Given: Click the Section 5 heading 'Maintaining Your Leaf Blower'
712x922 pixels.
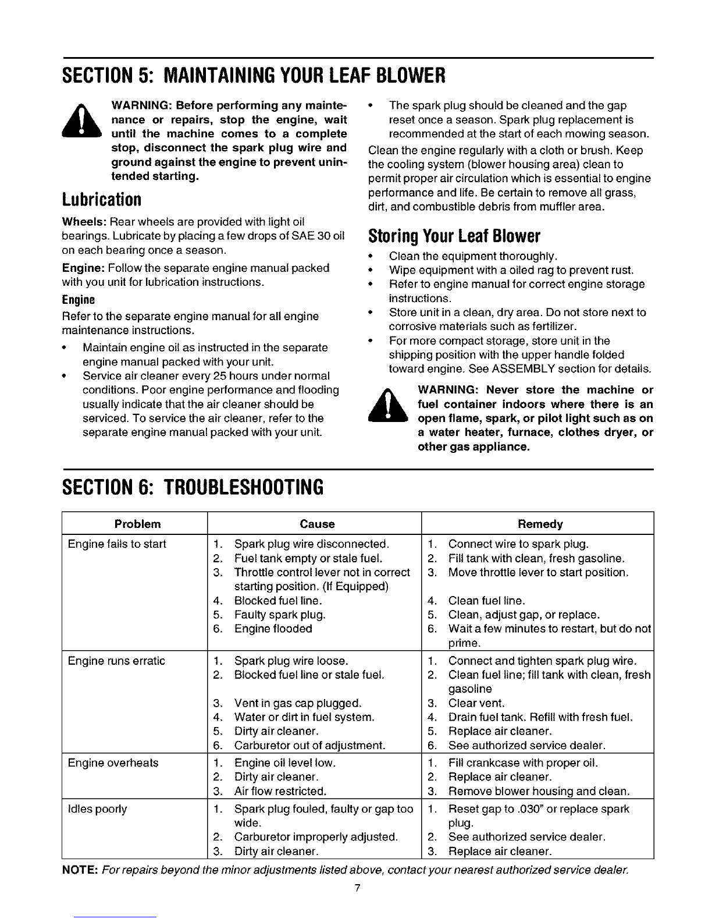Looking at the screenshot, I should point(254,76).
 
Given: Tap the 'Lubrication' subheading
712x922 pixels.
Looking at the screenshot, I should point(102,199).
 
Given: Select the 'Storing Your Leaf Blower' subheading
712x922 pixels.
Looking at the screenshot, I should point(455,236).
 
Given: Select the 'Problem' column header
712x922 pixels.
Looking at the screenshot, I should point(137,524).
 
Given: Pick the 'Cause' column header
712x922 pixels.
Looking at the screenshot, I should point(317,524).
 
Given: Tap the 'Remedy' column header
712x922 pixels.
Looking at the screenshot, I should point(540,524).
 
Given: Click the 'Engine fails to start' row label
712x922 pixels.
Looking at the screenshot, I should point(117,544).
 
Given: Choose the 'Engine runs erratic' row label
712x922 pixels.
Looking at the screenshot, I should point(116,661).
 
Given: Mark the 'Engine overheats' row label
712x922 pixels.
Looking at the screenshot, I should point(113,763).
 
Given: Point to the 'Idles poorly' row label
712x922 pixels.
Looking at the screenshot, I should point(97,808).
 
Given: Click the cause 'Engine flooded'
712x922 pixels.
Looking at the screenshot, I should point(273,629).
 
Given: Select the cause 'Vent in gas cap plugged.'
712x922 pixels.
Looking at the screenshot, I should point(297,703).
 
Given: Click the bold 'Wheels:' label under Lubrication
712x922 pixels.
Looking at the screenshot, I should point(84,222).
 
